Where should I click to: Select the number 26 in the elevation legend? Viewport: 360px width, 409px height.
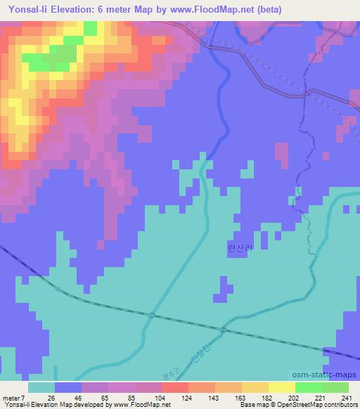(x=51, y=397)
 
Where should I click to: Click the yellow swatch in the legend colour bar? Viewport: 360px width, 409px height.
(x=281, y=387)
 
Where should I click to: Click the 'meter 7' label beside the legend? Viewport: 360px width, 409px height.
(x=13, y=397)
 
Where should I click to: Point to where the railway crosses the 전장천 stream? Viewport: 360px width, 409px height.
(x=224, y=329)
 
